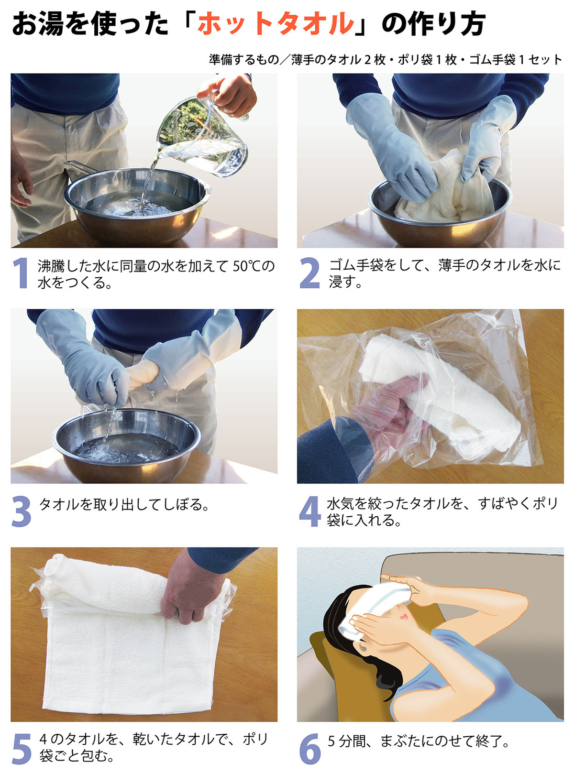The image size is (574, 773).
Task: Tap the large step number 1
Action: [x=21, y=273]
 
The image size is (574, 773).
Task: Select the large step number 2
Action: [x=309, y=273]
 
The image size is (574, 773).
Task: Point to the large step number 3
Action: [x=21, y=511]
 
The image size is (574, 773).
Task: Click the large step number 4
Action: [x=309, y=511]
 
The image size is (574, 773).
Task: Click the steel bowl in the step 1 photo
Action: [x=137, y=205]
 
